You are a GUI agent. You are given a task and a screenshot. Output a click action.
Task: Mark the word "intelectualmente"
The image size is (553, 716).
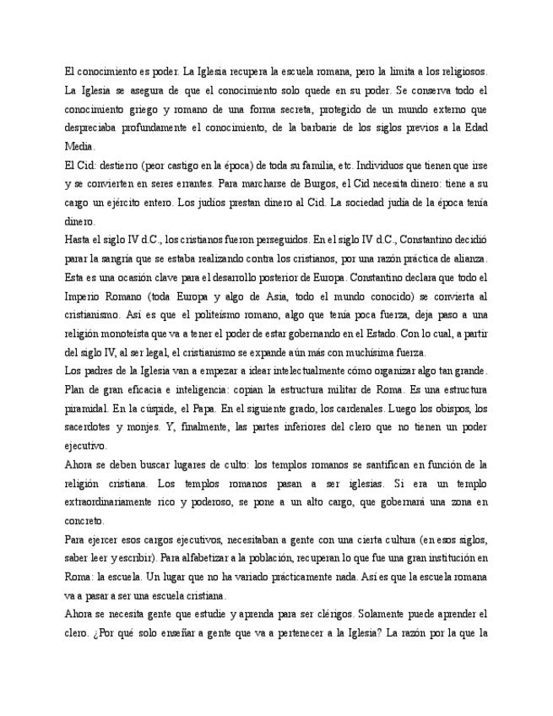point(278,371)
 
